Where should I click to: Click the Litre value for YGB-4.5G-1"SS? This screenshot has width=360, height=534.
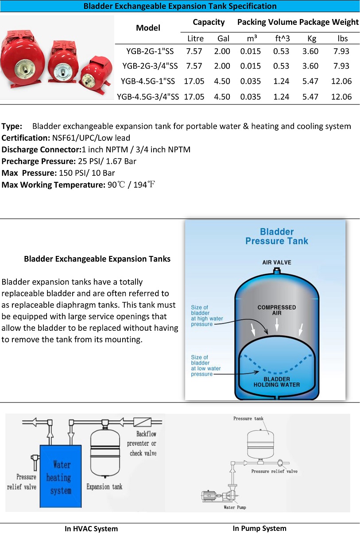point(194,81)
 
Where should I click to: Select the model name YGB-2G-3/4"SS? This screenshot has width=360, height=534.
point(150,66)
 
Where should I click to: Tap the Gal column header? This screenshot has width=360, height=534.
point(223,39)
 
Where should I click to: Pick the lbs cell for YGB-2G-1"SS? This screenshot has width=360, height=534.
point(341,51)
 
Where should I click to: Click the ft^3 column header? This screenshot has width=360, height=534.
point(282,39)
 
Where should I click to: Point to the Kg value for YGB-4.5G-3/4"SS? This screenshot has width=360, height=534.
point(310,97)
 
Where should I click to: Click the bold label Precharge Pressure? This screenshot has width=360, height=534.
point(39,161)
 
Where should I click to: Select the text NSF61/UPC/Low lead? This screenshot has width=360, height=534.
point(91,138)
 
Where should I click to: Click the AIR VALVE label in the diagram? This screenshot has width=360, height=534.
point(277,263)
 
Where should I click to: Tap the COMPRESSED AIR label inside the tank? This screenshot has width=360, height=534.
point(277,310)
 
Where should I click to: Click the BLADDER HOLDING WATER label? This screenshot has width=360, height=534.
point(277,382)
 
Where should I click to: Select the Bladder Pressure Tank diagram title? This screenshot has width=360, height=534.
point(277,236)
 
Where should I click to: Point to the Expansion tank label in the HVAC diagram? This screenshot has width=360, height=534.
point(104,487)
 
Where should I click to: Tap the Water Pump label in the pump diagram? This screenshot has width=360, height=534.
point(235,507)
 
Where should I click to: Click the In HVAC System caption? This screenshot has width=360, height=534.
point(91,529)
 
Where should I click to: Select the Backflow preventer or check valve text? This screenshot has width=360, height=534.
point(142,443)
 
